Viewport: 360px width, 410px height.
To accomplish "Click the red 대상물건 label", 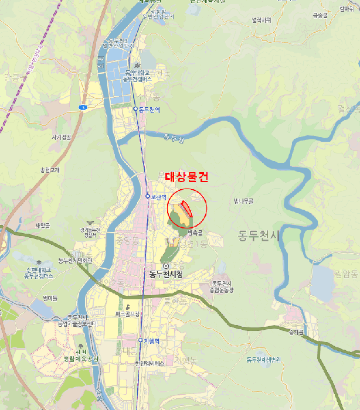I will pos(186,177).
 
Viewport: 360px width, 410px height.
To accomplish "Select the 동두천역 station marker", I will pos(135,109).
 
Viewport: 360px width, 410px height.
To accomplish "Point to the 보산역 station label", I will pos(159,197).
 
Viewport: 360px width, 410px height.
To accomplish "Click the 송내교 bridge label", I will pos(296,332).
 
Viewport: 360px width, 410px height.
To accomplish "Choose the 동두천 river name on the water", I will pos(174,139).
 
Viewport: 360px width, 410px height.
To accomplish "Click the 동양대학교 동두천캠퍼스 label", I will pos(138,75).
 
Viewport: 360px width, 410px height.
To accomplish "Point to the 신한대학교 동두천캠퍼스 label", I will pos(40,272).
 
